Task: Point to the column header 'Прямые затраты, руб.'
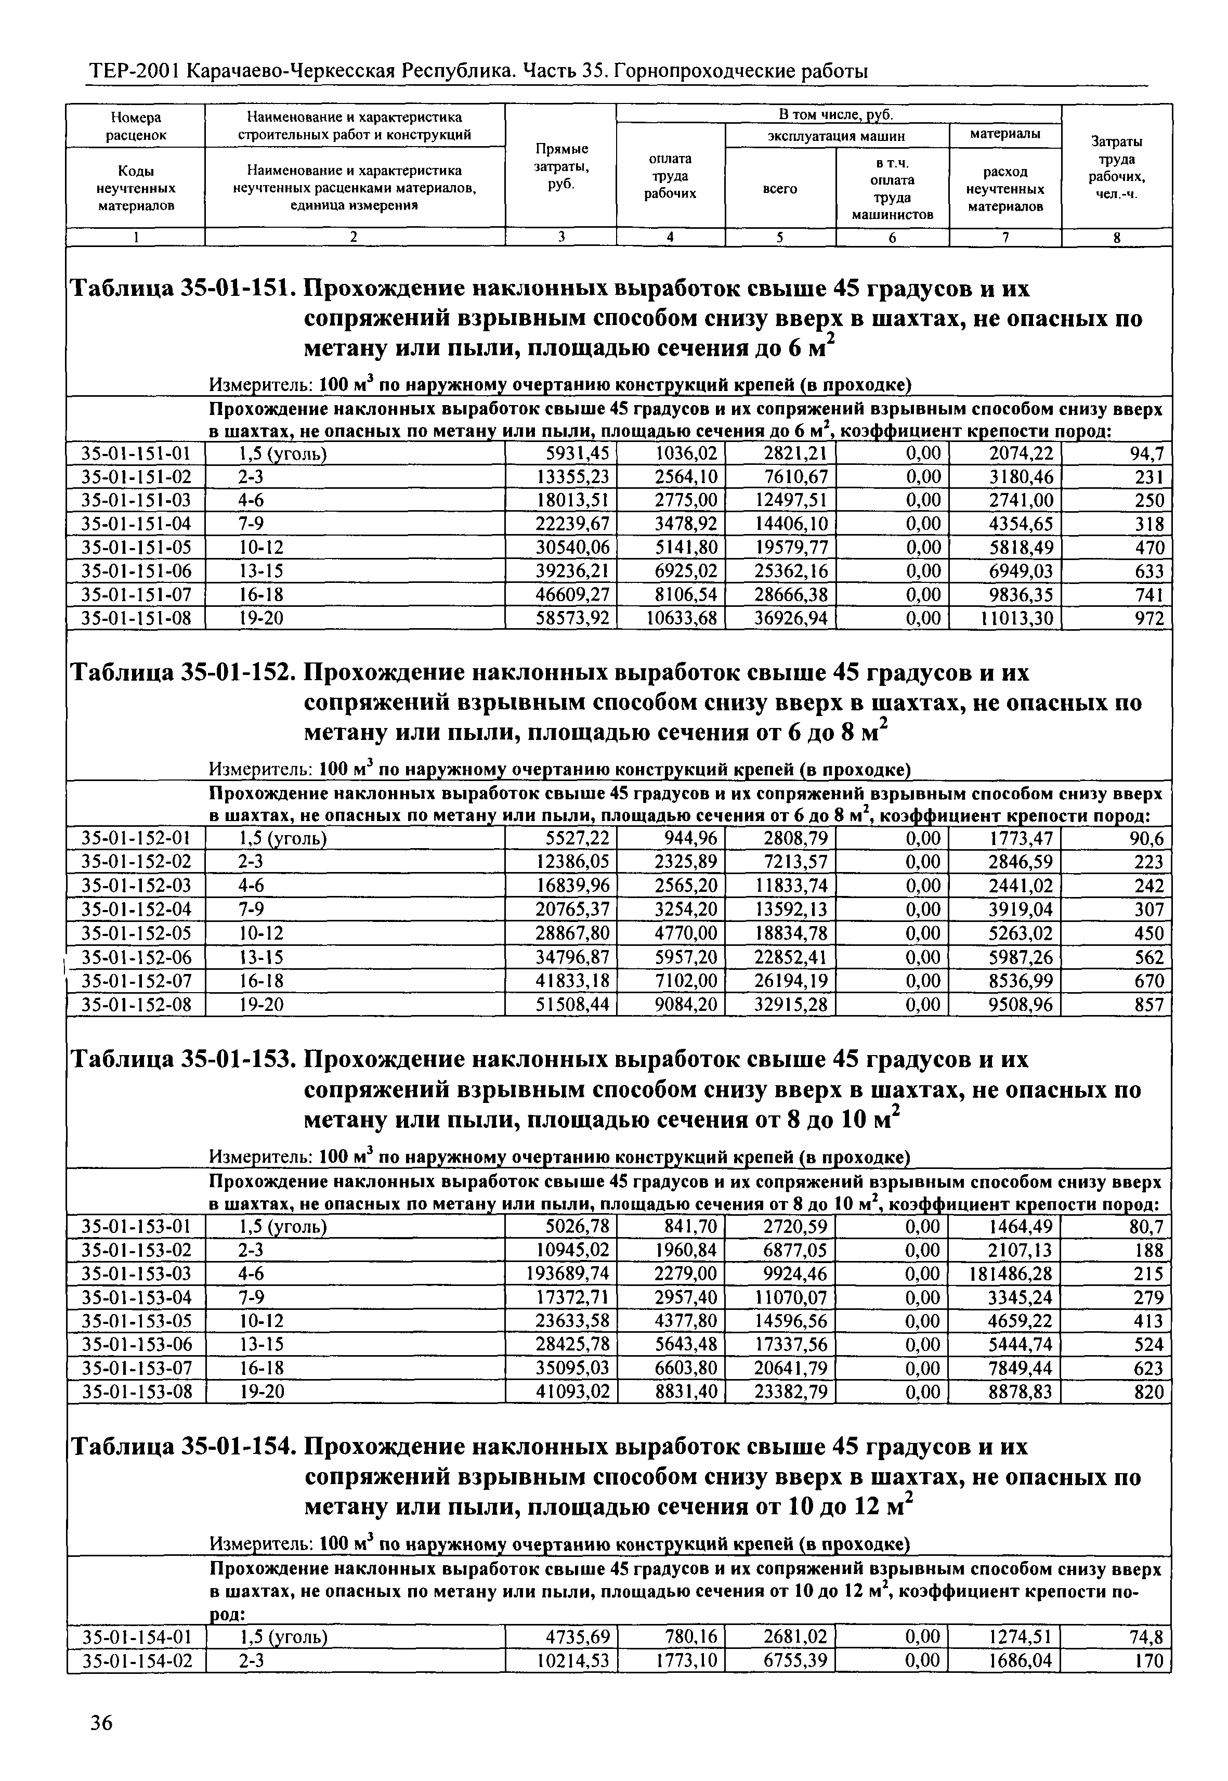561,166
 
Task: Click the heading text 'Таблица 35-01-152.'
183,673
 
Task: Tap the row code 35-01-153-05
136,1321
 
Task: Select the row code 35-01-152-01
136,838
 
